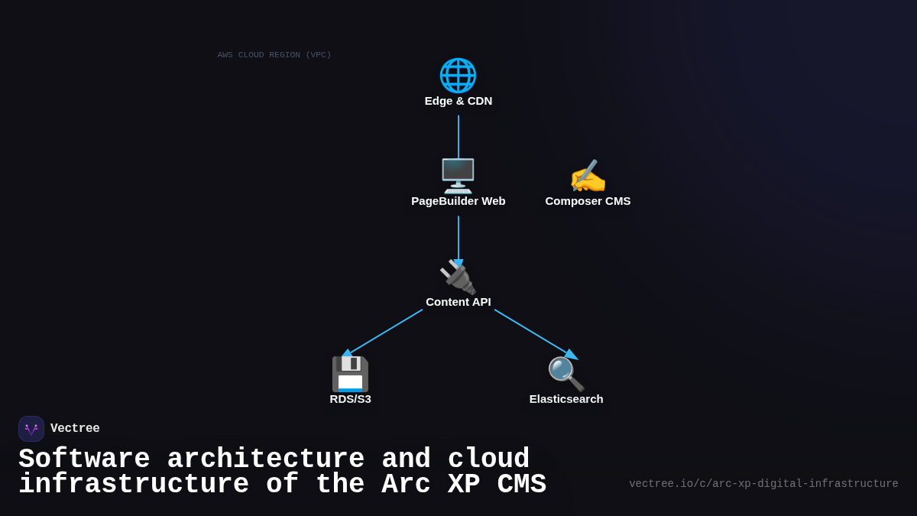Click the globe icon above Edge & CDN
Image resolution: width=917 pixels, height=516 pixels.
tap(458, 75)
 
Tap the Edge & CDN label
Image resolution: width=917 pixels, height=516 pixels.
tap(458, 101)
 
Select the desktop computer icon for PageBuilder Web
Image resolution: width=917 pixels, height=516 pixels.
tap(458, 176)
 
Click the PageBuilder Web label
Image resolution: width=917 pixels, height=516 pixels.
tap(458, 201)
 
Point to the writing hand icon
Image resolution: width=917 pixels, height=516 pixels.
tap(588, 177)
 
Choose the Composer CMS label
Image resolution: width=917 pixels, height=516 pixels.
tap(588, 201)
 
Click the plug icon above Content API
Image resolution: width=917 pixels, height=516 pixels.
tap(458, 277)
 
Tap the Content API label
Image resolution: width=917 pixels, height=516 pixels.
tap(458, 302)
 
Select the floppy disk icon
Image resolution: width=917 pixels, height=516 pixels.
tap(350, 374)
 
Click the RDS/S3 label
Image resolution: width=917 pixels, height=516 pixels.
tap(350, 399)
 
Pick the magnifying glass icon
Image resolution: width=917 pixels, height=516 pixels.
tap(566, 374)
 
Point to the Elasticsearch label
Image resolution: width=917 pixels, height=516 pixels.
tap(566, 399)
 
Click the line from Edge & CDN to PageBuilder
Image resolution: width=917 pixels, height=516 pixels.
tap(458, 138)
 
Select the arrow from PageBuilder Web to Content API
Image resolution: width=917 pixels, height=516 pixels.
tap(458, 239)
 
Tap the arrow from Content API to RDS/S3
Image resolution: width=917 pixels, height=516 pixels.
tap(384, 332)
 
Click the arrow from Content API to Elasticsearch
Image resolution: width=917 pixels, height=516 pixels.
tap(533, 333)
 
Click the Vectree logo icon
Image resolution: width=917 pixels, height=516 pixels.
tap(31, 429)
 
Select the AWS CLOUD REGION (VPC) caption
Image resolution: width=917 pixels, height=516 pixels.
tap(274, 55)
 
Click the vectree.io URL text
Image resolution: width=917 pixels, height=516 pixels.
tap(763, 484)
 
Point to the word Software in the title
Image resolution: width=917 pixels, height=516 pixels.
tap(84, 459)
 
